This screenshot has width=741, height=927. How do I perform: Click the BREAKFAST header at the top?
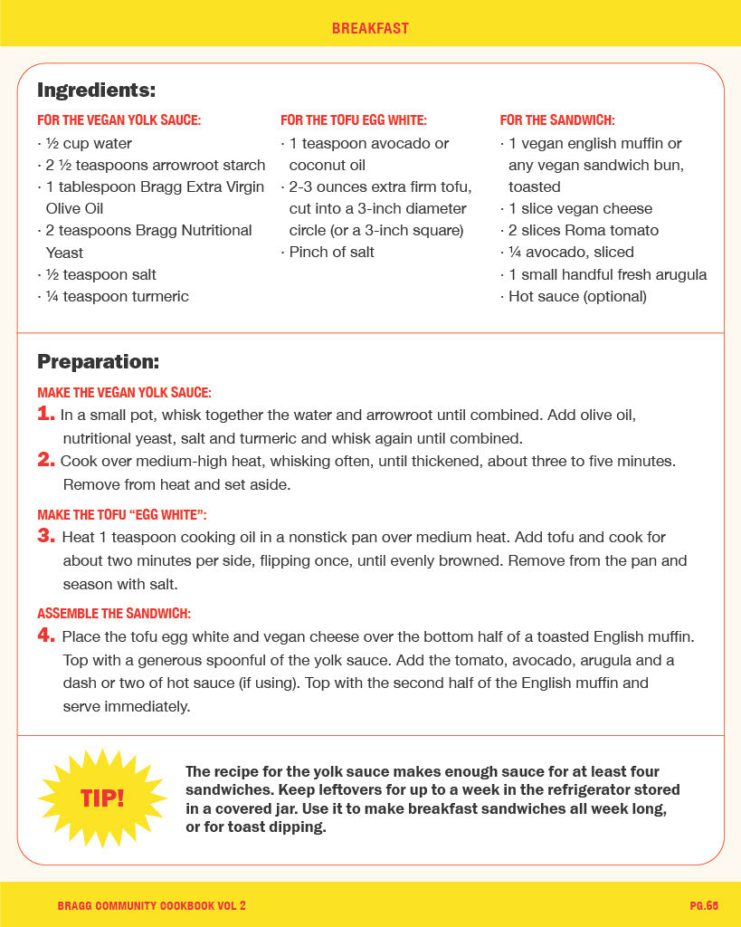pos(370,29)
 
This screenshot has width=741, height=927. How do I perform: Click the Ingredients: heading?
pos(96,91)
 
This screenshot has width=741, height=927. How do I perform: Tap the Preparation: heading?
pos(98,362)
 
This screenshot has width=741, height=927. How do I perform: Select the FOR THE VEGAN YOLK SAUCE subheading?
pos(119,120)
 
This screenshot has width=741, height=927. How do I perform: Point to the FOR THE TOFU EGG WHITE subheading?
pos(354,120)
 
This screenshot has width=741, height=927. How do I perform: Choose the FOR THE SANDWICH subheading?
pos(557,120)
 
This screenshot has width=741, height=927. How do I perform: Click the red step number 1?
pos(46,415)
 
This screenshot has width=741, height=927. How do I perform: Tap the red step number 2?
pos(46,460)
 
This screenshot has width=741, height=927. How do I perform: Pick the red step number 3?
pos(46,537)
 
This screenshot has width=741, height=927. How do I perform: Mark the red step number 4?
pos(46,636)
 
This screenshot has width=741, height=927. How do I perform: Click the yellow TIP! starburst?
pos(102,798)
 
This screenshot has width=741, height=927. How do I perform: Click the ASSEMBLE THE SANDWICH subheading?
pos(114,614)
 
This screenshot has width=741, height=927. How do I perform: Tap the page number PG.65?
pos(703,905)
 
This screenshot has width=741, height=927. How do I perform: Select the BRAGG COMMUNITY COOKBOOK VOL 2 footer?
pos(151,905)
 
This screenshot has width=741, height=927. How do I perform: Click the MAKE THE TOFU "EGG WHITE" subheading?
pos(122,515)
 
